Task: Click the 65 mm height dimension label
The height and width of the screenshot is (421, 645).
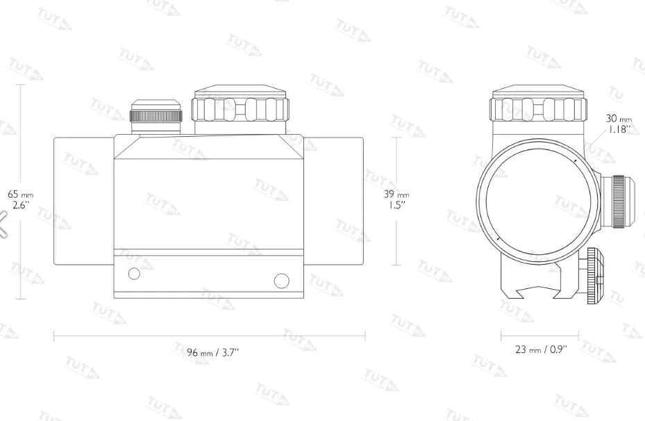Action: tap(21, 199)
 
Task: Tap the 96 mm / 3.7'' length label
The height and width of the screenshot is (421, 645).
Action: tap(212, 353)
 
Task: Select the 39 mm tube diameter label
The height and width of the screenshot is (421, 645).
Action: tap(396, 199)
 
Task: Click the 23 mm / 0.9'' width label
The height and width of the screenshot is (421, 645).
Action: tap(541, 349)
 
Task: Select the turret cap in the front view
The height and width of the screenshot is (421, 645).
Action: tap(539, 104)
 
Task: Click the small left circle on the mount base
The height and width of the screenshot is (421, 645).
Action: tap(134, 274)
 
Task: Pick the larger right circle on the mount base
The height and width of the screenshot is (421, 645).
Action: tap(281, 281)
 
